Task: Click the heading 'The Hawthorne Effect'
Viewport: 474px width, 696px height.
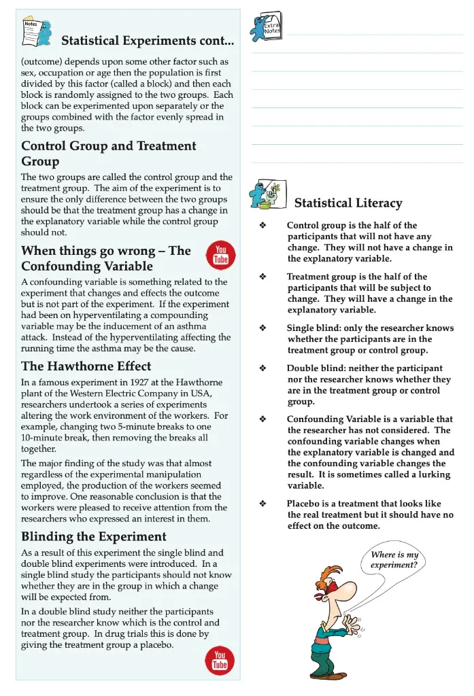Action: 86,366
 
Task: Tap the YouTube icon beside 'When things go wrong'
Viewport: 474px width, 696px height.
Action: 220,254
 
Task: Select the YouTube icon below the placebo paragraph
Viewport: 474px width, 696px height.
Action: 220,659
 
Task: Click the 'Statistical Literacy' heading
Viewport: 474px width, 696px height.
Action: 348,203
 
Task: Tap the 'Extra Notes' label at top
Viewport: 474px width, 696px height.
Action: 272,27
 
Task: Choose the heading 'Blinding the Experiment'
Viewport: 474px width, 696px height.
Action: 94,537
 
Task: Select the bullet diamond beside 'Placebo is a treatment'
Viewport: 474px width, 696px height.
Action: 263,504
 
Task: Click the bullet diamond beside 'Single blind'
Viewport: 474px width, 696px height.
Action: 263,328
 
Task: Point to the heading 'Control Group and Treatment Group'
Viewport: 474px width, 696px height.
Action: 109,154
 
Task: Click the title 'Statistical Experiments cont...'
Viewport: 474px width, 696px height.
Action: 148,41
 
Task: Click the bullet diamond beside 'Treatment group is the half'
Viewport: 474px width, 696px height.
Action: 263,277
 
